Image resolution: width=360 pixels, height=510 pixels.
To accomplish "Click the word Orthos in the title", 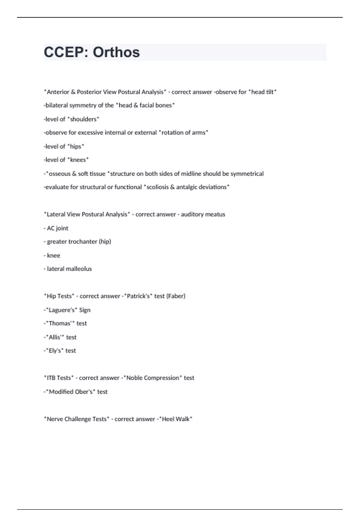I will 116,52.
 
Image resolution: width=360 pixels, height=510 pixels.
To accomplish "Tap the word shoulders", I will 83,119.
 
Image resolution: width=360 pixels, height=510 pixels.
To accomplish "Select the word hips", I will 75,146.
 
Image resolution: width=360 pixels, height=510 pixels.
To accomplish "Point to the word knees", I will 78,160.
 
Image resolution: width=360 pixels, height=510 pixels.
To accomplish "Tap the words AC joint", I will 58,228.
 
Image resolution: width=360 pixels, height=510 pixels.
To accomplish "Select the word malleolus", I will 78,269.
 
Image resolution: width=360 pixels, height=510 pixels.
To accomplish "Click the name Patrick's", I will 138,296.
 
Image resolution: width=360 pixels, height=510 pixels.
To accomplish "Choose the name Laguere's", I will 61,310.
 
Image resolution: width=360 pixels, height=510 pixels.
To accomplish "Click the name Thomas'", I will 60,323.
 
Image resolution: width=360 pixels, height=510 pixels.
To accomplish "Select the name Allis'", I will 55,337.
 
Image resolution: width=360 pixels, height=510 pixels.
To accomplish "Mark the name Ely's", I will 55,351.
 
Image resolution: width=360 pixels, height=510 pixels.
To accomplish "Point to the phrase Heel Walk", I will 175,419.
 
